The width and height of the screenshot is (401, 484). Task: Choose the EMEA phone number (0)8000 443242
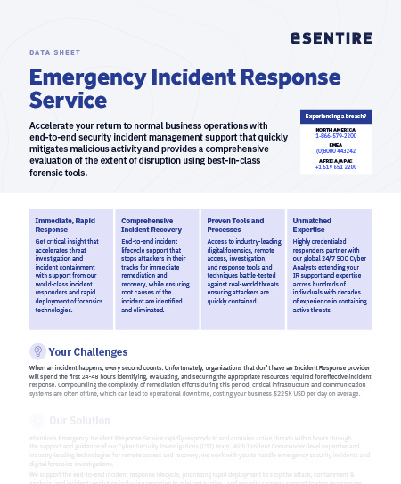point(335,151)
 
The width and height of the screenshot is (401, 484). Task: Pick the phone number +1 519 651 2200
point(335,166)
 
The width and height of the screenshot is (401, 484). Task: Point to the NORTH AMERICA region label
point(335,130)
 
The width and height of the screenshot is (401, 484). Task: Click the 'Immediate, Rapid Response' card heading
point(63,223)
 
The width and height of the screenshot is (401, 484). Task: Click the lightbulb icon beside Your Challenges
point(37,351)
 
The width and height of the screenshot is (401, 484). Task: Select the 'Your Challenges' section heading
point(88,351)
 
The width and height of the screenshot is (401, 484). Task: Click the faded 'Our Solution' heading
point(80,420)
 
